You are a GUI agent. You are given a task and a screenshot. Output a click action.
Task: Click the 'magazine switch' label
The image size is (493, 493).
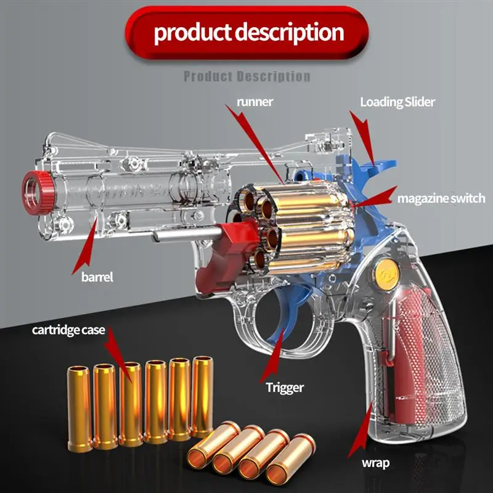pyautogui.click(x=441, y=198)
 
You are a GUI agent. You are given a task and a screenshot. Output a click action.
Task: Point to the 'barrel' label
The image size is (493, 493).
pyautogui.click(x=97, y=277)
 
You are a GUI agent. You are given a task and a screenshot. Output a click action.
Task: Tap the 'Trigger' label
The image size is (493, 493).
pyautogui.click(x=285, y=387)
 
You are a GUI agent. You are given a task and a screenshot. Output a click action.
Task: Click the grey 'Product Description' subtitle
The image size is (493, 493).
pyautogui.click(x=247, y=76)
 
